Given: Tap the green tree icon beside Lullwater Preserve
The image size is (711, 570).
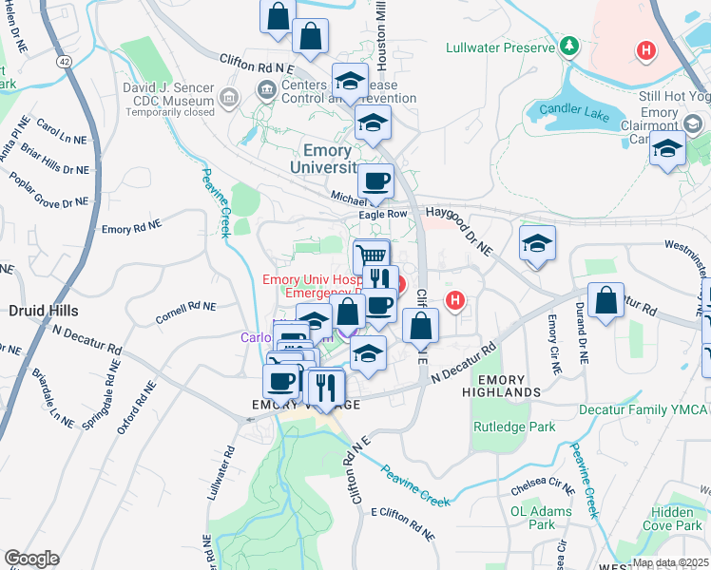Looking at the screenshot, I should [x=569, y=46].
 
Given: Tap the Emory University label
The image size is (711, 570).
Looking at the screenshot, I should [x=327, y=159].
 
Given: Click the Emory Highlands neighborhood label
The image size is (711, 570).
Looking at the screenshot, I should [x=501, y=385].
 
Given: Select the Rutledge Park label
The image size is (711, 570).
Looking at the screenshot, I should [x=514, y=427].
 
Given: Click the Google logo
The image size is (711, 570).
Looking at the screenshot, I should [x=31, y=559].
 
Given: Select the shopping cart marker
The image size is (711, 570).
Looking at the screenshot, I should [x=372, y=256].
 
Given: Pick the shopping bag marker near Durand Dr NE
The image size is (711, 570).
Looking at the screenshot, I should [x=605, y=301].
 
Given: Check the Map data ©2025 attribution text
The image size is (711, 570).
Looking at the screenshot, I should [x=670, y=562].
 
